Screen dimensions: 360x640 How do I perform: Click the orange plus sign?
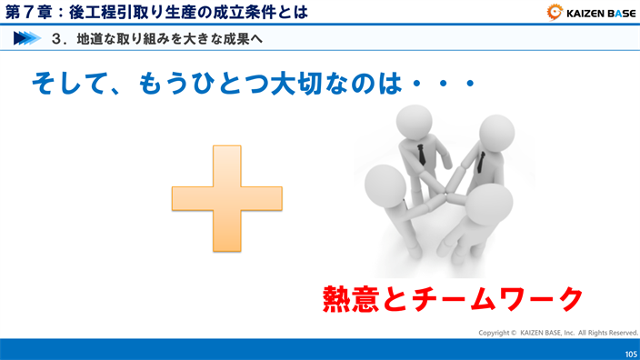tap(227, 198)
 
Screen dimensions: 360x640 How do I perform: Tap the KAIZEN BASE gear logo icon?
tap(554, 12)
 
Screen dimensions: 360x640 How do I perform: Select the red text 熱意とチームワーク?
tap(452, 299)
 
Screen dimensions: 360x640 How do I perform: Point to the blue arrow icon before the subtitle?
tap(27, 38)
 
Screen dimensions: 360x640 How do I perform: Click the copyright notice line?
tap(558, 333)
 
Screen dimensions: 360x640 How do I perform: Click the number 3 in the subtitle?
tap(56, 39)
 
